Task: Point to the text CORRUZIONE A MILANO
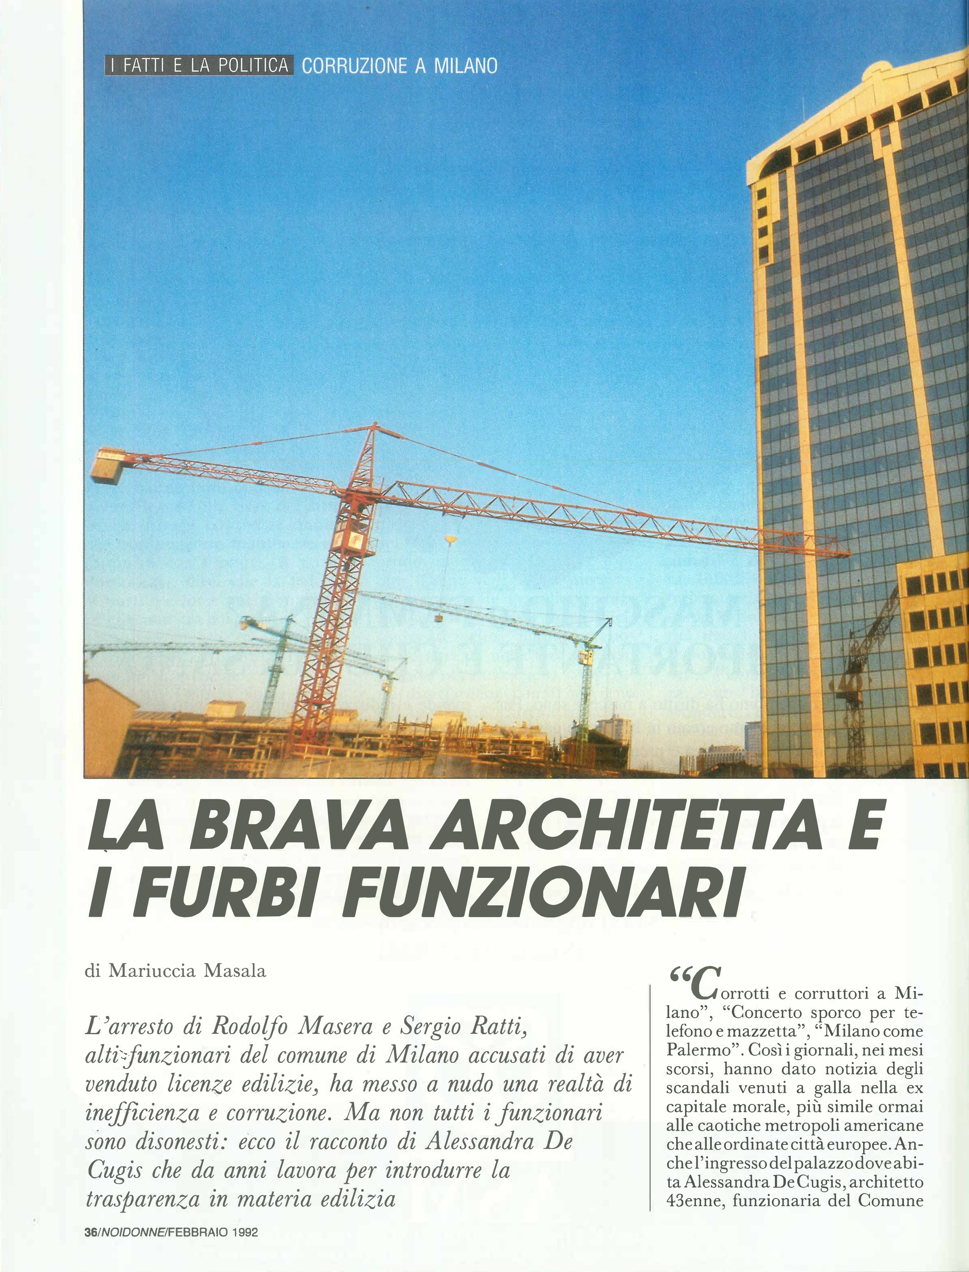(399, 66)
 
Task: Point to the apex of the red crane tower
(375, 426)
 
